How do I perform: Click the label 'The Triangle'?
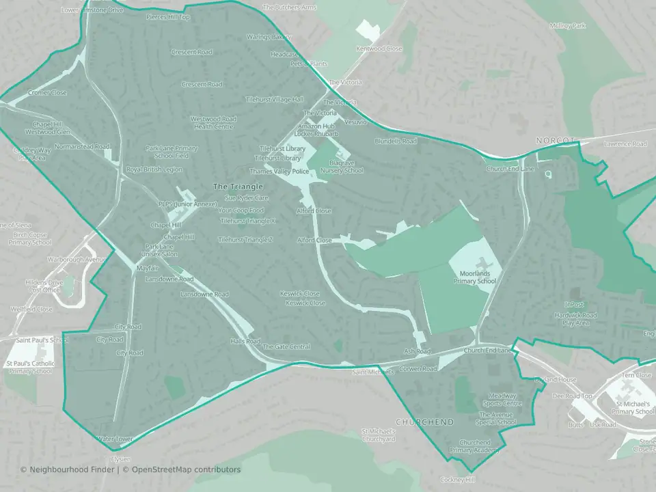pos(238,187)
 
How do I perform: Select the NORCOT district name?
pos(556,141)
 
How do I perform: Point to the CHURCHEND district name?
pos(424,422)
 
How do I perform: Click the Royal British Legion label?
pos(154,169)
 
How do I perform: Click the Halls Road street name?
pos(245,341)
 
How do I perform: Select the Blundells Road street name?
pos(395,141)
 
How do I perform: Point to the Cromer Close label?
pos(47,93)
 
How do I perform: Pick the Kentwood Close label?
pos(379,49)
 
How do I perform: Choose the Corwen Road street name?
pos(418,369)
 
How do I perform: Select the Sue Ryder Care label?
pos(243,198)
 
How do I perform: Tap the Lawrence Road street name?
pos(625,144)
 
